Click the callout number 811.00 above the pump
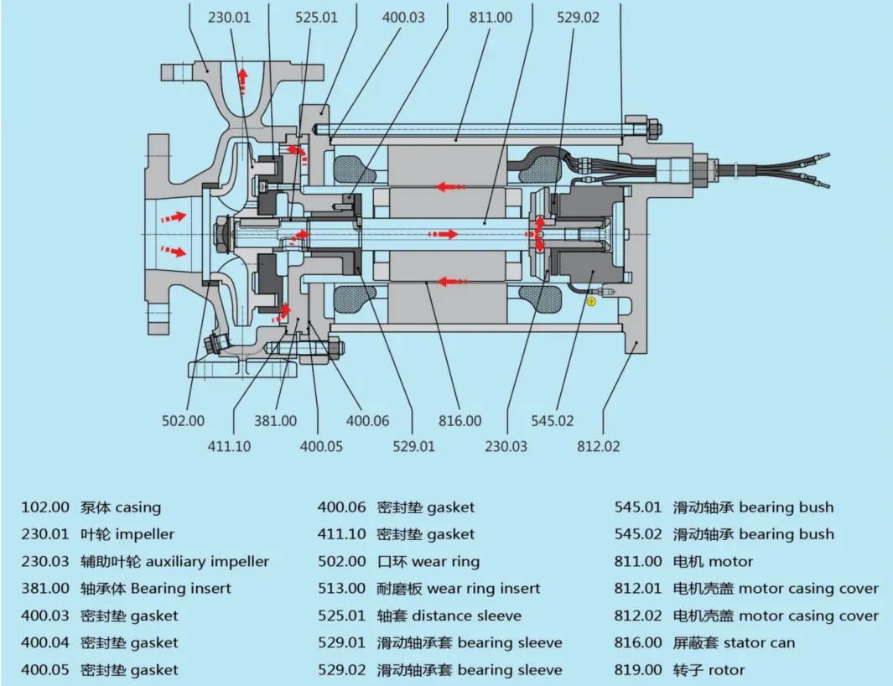click(491, 17)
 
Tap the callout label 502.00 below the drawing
click(183, 420)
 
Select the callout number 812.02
click(599, 445)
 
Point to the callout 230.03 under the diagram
click(506, 445)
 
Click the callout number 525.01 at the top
click(316, 17)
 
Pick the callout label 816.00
click(460, 420)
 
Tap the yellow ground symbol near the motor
click(591, 301)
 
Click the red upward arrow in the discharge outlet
click(242, 81)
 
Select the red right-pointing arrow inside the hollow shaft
click(443, 234)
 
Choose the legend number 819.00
click(638, 670)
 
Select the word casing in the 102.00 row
click(138, 507)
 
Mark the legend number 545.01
click(638, 507)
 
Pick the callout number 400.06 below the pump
click(367, 420)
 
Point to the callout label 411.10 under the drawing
click(229, 445)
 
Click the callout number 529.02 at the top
click(578, 17)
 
